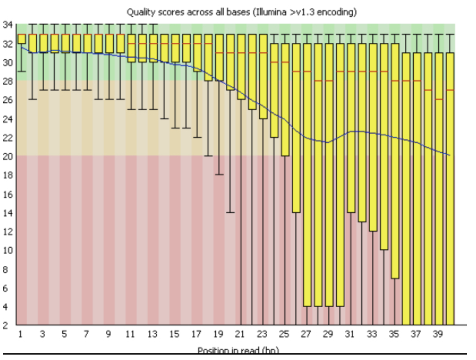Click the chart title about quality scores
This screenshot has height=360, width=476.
[x=242, y=12]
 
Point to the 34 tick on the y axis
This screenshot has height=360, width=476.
[x=8, y=25]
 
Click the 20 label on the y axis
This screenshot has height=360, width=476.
[x=8, y=157]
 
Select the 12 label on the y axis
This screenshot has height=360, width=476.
[x=8, y=232]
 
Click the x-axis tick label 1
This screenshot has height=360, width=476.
[x=20, y=335]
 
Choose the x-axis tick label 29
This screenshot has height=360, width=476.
[x=328, y=335]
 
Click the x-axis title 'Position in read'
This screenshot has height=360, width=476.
[x=238, y=350]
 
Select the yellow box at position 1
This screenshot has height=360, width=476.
[x=22, y=39]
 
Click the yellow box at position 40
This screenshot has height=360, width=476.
[x=450, y=188]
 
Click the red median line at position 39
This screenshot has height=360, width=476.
[x=439, y=100]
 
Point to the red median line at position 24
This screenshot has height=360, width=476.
[x=274, y=62]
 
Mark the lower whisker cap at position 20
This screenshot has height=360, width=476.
[x=230, y=212]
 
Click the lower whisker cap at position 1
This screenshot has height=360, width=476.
[x=22, y=72]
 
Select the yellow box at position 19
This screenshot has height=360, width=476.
[x=219, y=57]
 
